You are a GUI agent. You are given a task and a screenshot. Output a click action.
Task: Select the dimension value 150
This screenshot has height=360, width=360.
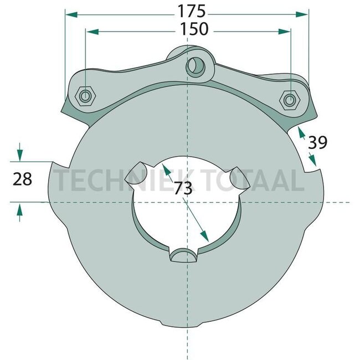click(x=194, y=29)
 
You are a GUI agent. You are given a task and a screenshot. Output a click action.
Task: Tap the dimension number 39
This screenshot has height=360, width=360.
click(x=317, y=143)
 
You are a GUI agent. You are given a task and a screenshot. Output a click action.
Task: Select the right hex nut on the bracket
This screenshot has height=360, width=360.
click(x=289, y=100)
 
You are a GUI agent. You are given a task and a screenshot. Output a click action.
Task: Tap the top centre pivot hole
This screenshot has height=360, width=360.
click(x=195, y=66)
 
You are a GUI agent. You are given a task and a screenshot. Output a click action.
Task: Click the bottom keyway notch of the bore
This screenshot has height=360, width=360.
click(x=183, y=254)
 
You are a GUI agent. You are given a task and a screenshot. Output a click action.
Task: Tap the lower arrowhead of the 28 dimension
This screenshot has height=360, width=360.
click(x=20, y=209)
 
